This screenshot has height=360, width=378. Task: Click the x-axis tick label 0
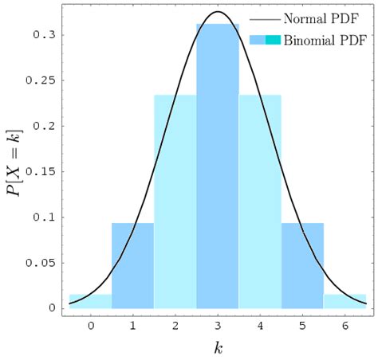pyautogui.click(x=90, y=325)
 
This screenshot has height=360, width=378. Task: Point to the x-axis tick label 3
pyautogui.click(x=218, y=325)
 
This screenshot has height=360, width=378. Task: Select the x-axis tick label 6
pyautogui.click(x=345, y=325)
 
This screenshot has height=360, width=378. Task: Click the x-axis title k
pyautogui.click(x=217, y=347)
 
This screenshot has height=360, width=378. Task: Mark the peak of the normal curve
pyautogui.click(x=218, y=12)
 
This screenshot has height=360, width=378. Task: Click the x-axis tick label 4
pyautogui.click(x=260, y=325)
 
